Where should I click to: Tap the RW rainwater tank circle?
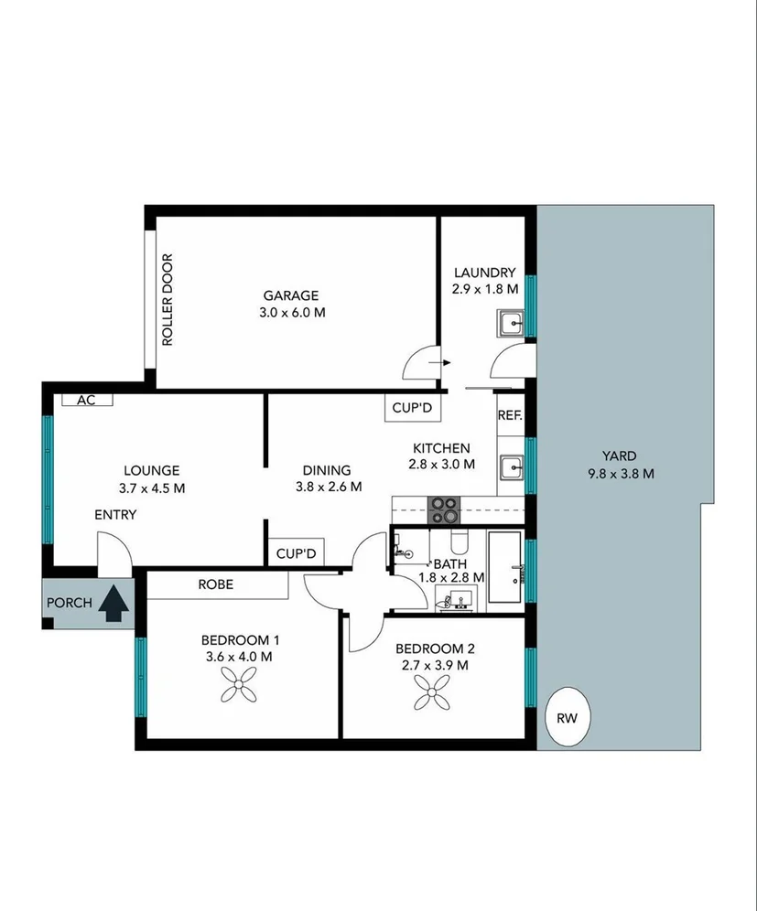tap(568, 718)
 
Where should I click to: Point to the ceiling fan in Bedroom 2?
tap(432, 691)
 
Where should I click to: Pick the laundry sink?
tap(511, 323)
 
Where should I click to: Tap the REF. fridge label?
tap(510, 415)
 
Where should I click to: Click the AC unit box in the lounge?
tap(86, 400)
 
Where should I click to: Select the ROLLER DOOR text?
tap(168, 299)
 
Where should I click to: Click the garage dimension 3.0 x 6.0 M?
tap(291, 312)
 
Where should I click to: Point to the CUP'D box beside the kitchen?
tap(411, 408)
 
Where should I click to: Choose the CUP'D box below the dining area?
tap(296, 553)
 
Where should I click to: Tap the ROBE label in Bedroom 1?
tap(216, 584)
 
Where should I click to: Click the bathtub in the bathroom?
tap(504, 568)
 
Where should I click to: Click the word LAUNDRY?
tap(484, 273)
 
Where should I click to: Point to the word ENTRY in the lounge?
tap(115, 515)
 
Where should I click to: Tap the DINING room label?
tap(328, 470)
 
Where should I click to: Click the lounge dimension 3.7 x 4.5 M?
tap(152, 488)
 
